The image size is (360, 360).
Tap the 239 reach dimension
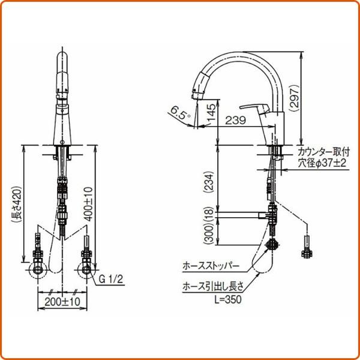click(234, 121)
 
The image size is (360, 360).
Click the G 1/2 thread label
click(112, 280)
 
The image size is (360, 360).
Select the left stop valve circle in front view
click(38, 270)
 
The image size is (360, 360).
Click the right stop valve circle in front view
click(88, 270)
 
